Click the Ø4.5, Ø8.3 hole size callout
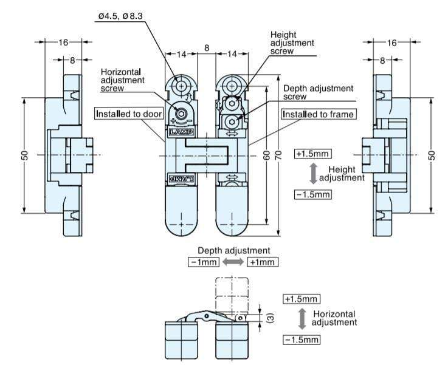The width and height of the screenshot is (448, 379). (x=120, y=16)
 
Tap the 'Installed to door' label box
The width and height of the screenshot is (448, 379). (x=129, y=114)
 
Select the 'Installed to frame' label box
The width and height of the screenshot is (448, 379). (x=319, y=114)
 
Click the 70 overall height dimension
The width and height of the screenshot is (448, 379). (x=279, y=155)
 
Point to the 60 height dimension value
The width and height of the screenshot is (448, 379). (x=267, y=155)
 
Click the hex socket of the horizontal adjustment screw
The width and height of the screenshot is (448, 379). (x=181, y=114)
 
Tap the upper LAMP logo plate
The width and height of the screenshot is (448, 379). (x=181, y=132)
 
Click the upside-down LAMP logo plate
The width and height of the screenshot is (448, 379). (x=181, y=179)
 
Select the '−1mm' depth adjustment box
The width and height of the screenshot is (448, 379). (x=204, y=262)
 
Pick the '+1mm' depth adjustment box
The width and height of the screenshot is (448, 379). (x=262, y=262)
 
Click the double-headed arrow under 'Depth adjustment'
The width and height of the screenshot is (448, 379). (x=233, y=262)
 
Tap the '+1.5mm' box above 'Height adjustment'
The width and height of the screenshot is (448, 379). (x=313, y=154)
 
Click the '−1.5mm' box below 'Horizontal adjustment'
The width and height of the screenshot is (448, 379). (x=302, y=340)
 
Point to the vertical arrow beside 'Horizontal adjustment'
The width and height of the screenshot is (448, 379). (x=302, y=319)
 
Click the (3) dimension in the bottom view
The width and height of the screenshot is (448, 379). (x=271, y=318)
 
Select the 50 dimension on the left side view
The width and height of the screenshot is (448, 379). (x=25, y=155)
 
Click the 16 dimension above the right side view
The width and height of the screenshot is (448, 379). (x=391, y=43)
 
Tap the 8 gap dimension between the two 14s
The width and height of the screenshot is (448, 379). (x=207, y=48)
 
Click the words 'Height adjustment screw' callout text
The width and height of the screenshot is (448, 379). (x=292, y=43)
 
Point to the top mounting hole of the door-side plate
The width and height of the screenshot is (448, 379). (x=181, y=86)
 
